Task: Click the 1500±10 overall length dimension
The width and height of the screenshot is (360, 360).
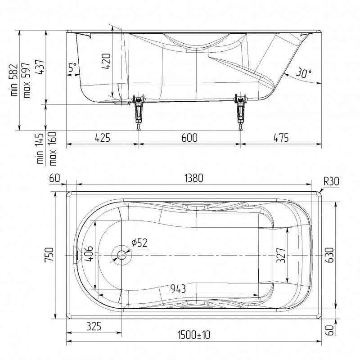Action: [194, 335]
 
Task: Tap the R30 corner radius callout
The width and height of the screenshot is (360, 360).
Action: [331, 181]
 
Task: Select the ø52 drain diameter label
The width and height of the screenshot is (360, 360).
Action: [139, 243]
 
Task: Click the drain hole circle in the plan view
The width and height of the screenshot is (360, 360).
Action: [121, 255]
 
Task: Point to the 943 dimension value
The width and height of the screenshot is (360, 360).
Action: [178, 288]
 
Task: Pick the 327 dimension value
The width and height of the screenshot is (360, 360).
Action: [281, 255]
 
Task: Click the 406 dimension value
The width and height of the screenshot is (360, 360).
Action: [88, 254]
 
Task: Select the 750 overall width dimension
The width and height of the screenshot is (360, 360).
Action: [49, 254]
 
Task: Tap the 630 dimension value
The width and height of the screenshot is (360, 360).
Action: [330, 255]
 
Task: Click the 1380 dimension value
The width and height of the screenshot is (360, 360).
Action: [194, 178]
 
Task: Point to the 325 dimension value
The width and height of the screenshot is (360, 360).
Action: [94, 326]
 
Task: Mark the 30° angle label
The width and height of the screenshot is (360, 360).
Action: [303, 72]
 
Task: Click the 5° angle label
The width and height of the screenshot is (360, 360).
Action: [73, 67]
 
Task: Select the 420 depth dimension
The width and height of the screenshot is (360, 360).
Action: [106, 61]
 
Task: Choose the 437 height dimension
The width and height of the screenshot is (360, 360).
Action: [40, 67]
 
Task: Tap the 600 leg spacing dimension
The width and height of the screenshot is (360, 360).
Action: [189, 138]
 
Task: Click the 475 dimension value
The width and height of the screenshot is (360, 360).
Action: [281, 138]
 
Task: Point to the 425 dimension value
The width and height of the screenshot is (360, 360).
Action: [103, 138]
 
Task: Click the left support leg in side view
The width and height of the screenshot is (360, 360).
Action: [139, 112]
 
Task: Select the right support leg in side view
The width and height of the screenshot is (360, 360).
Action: [241, 112]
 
